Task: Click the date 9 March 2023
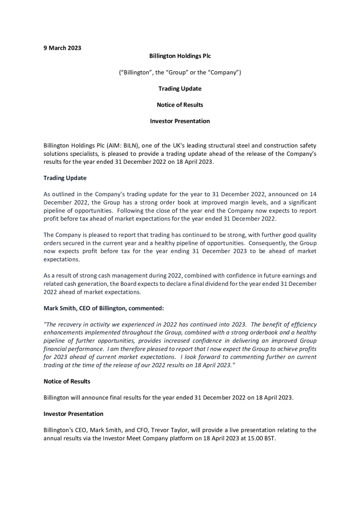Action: tap(62, 48)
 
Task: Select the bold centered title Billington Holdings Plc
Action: tap(180, 56)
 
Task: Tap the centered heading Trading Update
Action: tap(180, 89)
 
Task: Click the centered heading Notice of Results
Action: tap(180, 105)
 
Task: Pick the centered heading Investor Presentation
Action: tap(180, 121)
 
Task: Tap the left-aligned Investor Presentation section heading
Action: tap(73, 413)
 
